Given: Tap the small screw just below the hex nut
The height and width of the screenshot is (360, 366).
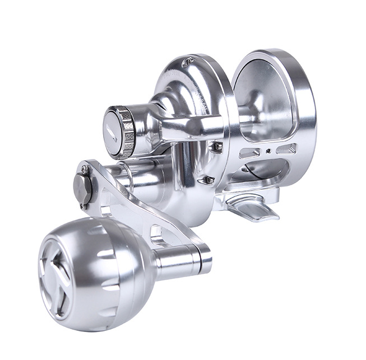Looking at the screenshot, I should click(x=82, y=205).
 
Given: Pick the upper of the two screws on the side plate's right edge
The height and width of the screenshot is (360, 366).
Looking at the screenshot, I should click(x=216, y=146).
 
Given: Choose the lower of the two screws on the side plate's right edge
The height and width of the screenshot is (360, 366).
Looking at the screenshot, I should click(x=209, y=180).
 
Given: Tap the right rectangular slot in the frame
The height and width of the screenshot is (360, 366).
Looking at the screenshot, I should click(x=286, y=149).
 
